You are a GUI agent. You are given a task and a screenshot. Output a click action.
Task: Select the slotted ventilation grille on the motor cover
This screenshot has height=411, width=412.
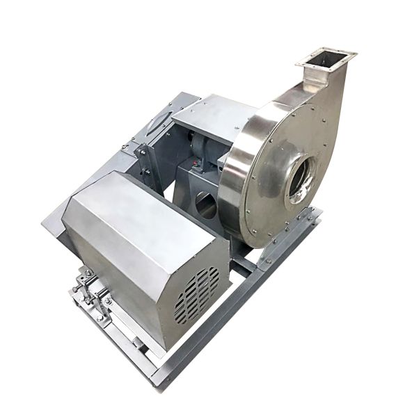(x=197, y=293)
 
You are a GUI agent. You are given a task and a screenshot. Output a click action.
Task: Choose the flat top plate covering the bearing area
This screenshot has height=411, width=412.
(x=209, y=115)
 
